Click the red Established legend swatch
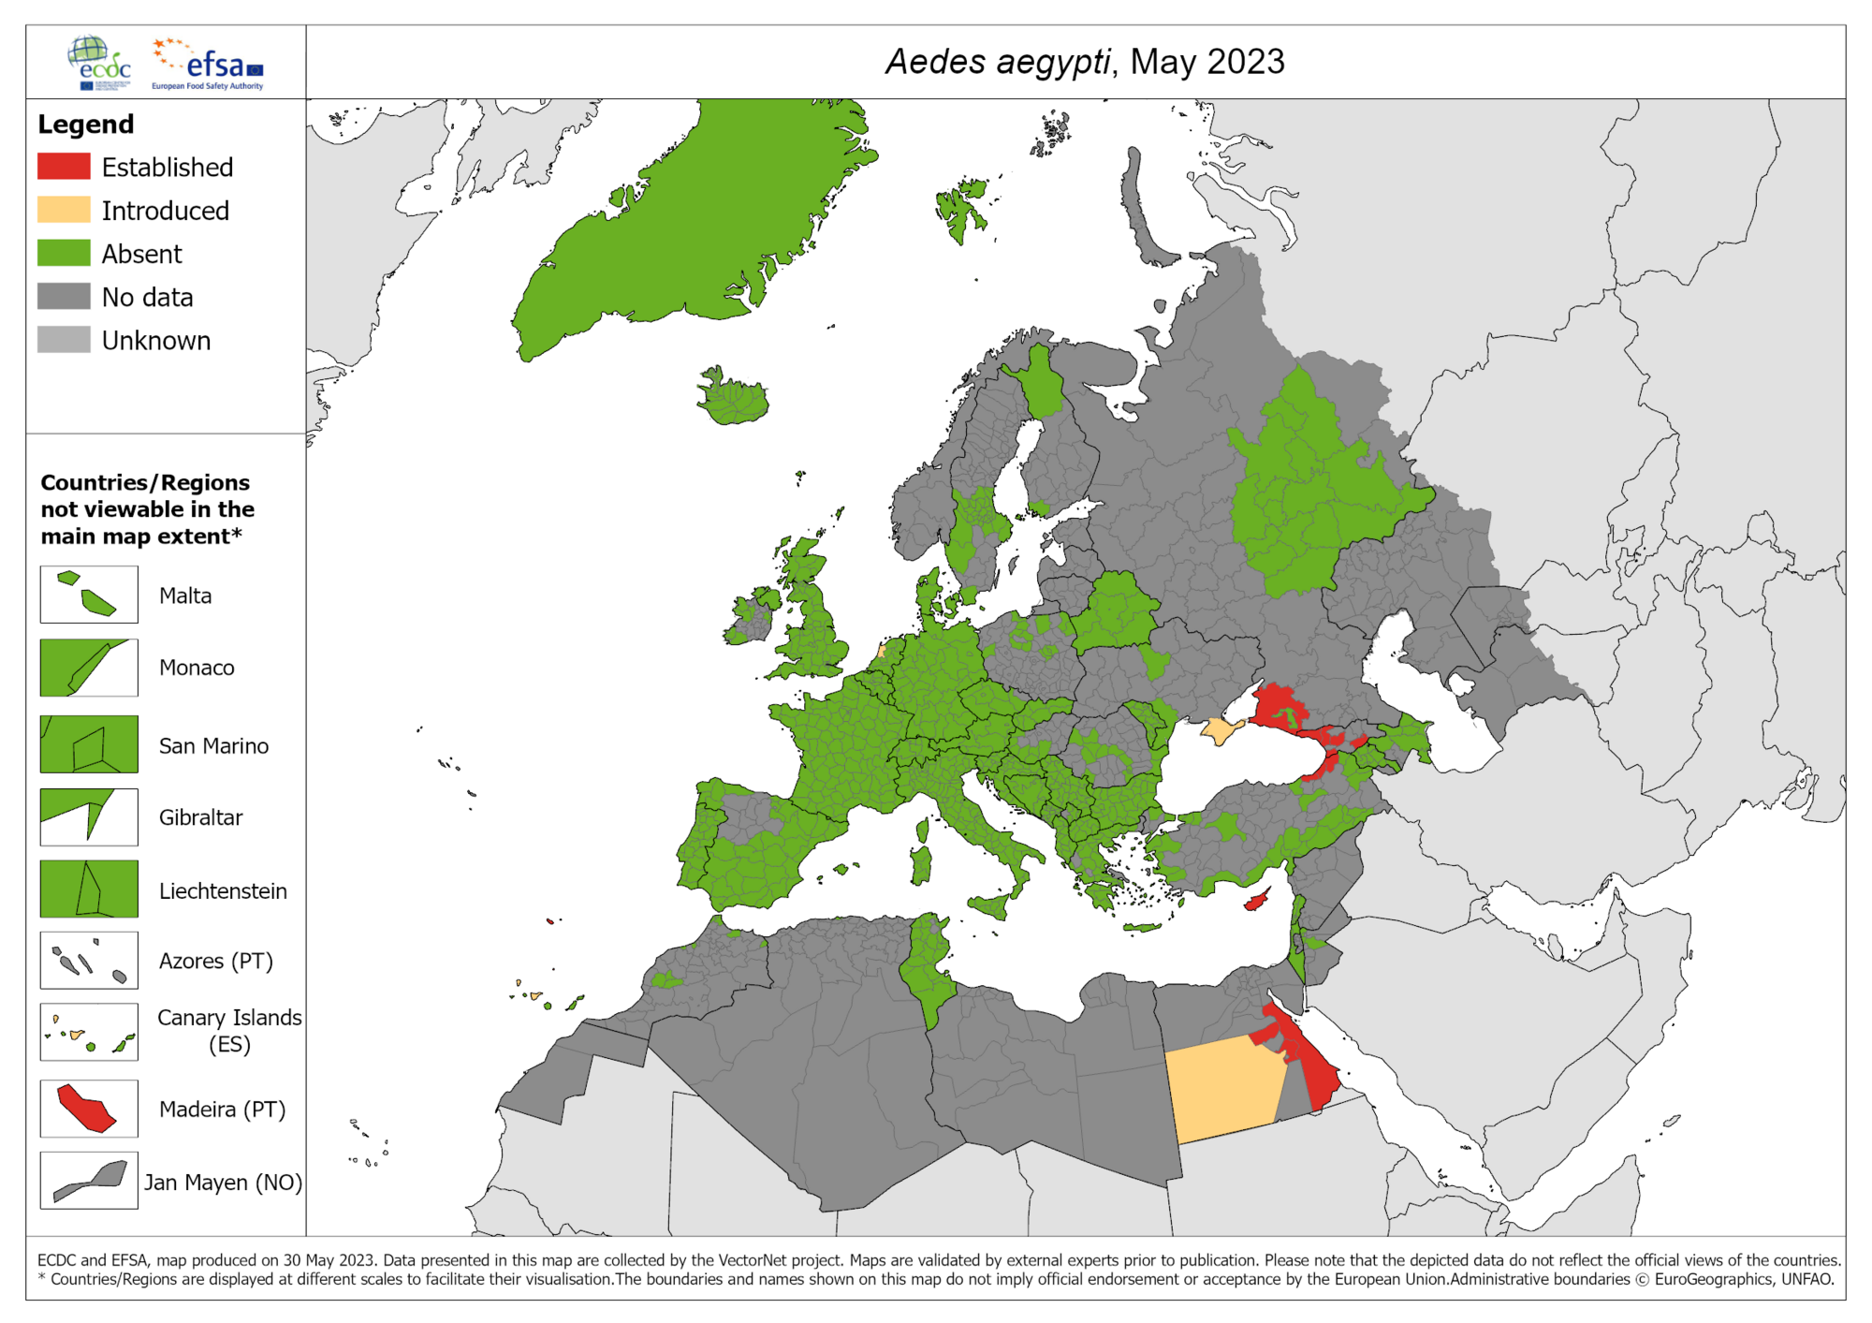(x=64, y=167)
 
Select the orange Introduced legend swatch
(x=64, y=210)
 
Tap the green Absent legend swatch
(x=64, y=253)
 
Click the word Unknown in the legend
(x=155, y=341)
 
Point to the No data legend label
(x=147, y=298)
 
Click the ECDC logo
(x=100, y=63)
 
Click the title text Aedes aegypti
(x=997, y=62)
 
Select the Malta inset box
(x=89, y=595)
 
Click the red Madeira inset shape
(x=86, y=1109)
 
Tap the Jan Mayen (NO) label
(x=223, y=1183)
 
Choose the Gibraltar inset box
(x=89, y=816)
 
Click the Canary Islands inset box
(x=89, y=1032)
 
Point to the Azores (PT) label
(x=215, y=961)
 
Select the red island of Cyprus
(x=1256, y=901)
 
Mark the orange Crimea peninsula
(x=1218, y=729)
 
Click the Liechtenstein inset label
(x=223, y=890)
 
